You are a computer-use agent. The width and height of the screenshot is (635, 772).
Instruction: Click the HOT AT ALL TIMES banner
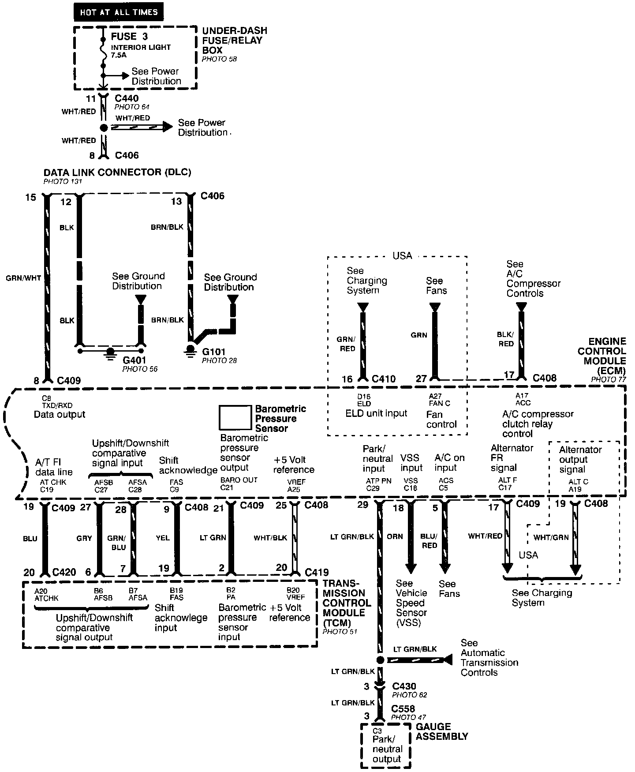(x=119, y=12)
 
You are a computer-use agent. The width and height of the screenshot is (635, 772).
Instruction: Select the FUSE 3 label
(x=129, y=37)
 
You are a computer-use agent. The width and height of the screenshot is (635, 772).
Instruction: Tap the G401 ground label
(x=134, y=360)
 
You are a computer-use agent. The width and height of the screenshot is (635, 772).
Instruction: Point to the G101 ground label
(x=214, y=352)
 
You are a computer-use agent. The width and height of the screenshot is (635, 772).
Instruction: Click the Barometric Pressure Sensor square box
(x=235, y=417)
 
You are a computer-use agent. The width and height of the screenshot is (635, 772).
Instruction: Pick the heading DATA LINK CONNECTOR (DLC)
(x=117, y=172)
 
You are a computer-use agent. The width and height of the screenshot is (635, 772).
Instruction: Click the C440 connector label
(x=127, y=98)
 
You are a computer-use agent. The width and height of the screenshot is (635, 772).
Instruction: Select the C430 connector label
(x=404, y=686)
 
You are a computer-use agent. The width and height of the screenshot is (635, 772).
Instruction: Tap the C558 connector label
(x=403, y=708)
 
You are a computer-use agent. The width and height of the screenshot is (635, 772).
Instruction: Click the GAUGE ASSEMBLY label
(x=441, y=731)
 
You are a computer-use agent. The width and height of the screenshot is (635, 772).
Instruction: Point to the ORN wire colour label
(x=395, y=536)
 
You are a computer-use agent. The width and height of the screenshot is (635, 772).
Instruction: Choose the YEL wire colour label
(x=163, y=538)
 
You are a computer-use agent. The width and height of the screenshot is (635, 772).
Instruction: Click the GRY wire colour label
(x=84, y=538)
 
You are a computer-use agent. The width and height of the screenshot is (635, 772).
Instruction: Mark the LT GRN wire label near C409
(x=213, y=537)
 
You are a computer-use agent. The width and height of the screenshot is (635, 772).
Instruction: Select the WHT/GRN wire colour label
(x=551, y=537)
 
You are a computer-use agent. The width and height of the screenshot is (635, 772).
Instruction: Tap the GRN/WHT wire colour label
(x=23, y=278)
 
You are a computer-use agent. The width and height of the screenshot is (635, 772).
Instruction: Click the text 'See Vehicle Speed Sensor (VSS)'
(x=411, y=603)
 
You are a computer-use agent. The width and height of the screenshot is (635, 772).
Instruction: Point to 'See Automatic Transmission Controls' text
(x=489, y=657)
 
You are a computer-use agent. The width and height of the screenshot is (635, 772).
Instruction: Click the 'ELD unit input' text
(x=376, y=413)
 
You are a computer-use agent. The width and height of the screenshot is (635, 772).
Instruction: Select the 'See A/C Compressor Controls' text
(x=533, y=278)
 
